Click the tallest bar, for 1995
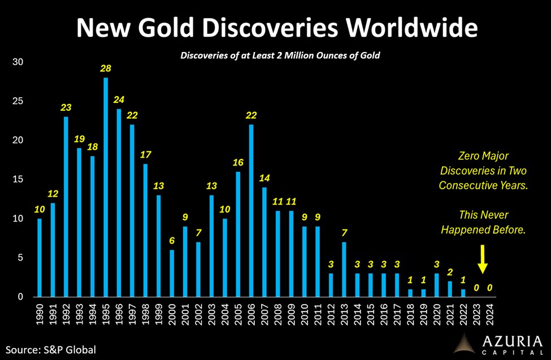point(106,186)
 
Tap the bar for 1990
point(40,257)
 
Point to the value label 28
point(106,68)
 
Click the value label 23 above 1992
point(66,107)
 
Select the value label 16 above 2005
point(238,162)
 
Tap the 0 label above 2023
point(476,288)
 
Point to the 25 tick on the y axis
point(18,101)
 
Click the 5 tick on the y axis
point(20,258)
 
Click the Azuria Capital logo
point(501,342)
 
